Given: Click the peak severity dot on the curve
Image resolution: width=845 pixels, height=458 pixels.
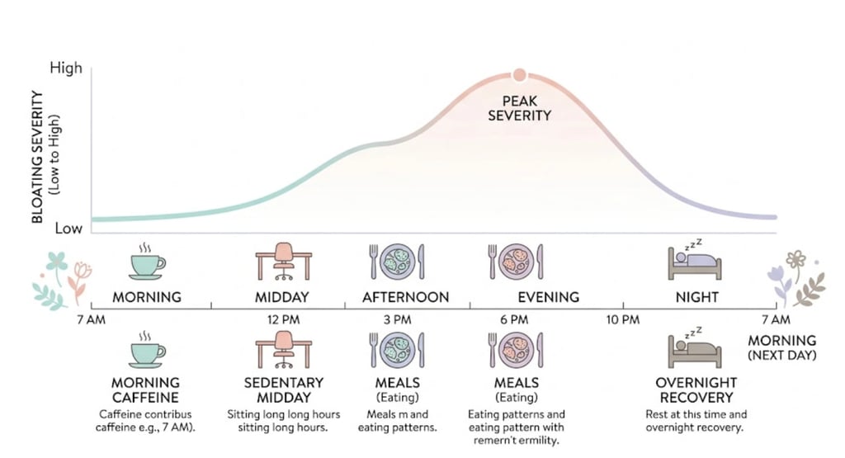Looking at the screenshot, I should click(x=519, y=75).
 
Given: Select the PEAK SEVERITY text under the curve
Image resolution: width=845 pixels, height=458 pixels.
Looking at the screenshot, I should click(x=519, y=108).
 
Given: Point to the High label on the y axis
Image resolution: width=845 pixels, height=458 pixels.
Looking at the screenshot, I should click(x=66, y=68).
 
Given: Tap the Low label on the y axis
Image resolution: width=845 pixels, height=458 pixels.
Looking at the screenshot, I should click(x=68, y=228).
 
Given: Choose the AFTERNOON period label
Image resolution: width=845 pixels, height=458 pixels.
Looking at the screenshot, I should click(x=405, y=297).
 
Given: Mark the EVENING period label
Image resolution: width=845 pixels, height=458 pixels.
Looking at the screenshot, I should click(x=548, y=297).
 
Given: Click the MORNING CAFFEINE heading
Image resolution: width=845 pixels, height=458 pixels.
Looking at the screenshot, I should click(x=146, y=390).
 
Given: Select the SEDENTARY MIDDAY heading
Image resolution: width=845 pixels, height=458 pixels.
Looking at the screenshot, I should click(x=284, y=390).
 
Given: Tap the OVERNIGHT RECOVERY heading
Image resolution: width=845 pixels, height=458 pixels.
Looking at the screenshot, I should click(x=696, y=390).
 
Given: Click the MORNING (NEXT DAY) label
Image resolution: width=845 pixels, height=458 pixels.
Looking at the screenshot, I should click(x=781, y=347).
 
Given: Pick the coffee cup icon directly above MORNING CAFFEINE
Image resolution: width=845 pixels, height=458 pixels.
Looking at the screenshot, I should click(x=147, y=350).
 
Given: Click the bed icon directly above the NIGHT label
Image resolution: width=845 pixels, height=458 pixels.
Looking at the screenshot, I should click(x=695, y=261).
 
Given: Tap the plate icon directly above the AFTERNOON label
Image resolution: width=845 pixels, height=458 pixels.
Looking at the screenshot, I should click(x=396, y=261).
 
